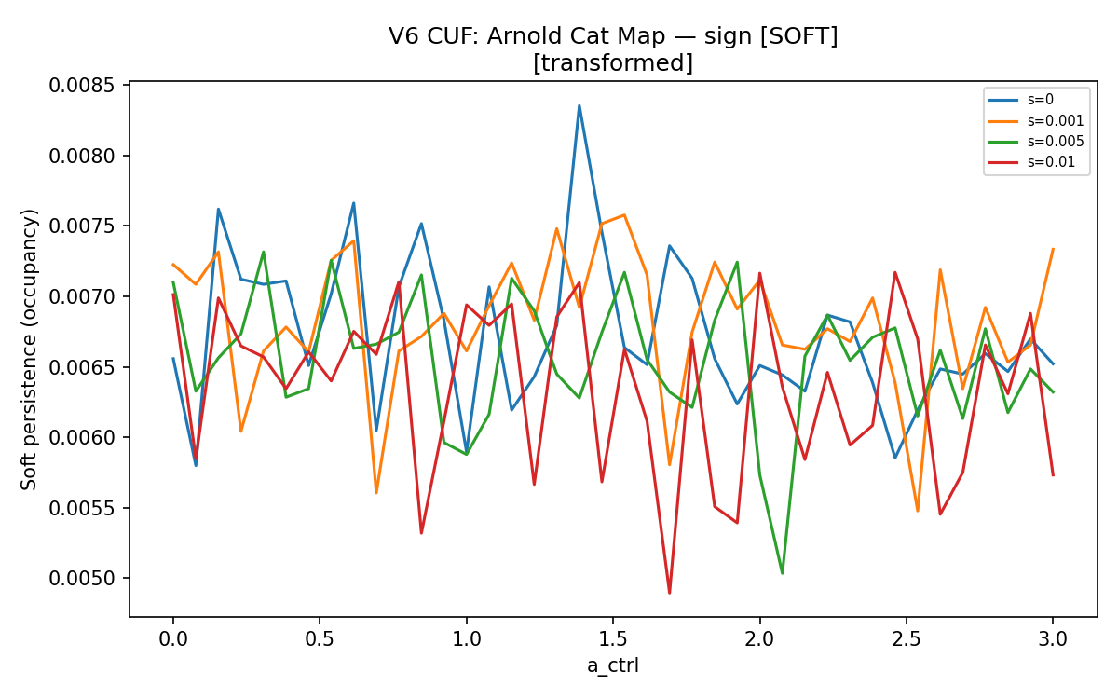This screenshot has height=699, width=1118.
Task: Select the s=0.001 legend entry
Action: (1036, 121)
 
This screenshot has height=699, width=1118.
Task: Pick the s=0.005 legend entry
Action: (1036, 142)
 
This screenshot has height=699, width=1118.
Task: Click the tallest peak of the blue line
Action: (579, 105)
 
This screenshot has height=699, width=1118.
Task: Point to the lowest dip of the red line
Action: (669, 593)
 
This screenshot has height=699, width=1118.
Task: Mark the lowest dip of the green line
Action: (782, 573)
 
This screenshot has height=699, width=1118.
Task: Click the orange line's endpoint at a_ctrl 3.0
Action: (1053, 248)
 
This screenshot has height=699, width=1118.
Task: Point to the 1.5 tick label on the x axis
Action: (613, 639)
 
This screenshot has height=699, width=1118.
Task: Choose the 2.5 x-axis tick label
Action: (907, 639)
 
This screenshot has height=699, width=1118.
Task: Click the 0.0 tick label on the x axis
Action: (173, 639)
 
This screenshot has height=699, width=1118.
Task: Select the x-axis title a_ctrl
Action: (613, 666)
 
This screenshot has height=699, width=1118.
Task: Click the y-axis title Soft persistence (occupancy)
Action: (29, 349)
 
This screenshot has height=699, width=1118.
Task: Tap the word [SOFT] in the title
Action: (798, 36)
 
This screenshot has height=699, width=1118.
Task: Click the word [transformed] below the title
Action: (613, 63)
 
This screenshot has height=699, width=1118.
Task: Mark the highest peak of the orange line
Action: (624, 214)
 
